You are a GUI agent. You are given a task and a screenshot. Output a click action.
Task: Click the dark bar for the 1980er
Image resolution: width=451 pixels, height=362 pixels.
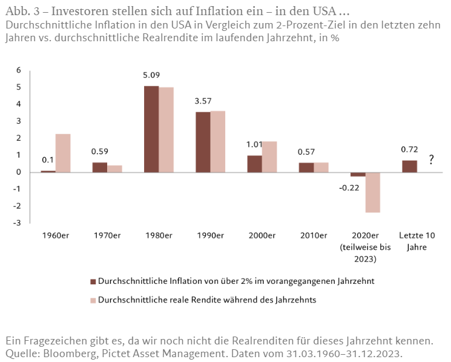tap(151, 129)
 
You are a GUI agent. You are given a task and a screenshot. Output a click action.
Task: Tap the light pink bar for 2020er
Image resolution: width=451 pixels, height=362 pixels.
tap(372, 192)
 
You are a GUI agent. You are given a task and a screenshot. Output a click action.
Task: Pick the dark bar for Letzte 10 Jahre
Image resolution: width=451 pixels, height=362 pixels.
tap(409, 166)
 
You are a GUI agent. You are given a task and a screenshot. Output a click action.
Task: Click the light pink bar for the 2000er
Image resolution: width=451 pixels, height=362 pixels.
tap(269, 157)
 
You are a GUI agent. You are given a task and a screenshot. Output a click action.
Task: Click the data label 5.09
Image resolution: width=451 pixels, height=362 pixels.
tap(151, 76)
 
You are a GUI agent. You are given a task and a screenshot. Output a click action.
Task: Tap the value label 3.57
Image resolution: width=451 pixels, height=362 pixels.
tap(203, 101)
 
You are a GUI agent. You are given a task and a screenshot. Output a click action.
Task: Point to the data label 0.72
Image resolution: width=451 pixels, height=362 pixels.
tap(409, 149)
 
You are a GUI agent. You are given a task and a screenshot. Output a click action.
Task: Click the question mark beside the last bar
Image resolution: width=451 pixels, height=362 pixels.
tap(431, 160)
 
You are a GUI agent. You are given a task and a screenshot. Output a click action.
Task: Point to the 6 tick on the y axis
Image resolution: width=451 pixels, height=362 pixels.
tap(19, 70)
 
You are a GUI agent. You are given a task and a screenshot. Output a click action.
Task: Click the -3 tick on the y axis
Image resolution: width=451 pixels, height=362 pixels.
tap(18, 223)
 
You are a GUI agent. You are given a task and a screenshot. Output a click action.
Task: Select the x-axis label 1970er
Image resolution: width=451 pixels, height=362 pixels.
tap(107, 235)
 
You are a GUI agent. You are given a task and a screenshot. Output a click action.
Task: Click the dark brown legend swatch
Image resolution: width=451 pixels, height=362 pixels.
tap(93, 281)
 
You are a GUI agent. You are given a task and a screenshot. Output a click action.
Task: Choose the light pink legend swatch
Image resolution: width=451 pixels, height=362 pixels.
tap(93, 300)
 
